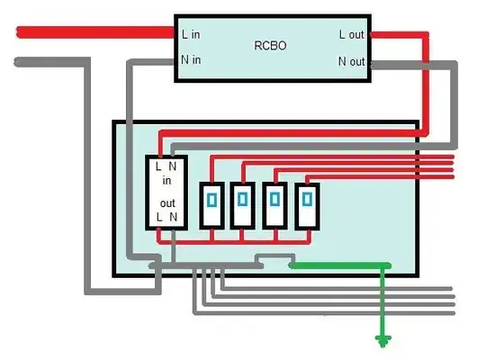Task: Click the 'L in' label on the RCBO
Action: click(x=191, y=35)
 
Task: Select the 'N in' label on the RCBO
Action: click(x=192, y=60)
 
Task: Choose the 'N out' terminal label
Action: click(x=352, y=61)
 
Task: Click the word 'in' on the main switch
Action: click(x=166, y=180)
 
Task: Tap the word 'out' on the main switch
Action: click(x=167, y=203)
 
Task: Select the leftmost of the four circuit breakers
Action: click(x=212, y=205)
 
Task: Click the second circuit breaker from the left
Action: click(x=242, y=205)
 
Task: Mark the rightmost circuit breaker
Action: click(x=308, y=205)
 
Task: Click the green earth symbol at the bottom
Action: click(x=384, y=340)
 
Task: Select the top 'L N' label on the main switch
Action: click(x=166, y=166)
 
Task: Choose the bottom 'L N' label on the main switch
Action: click(x=166, y=217)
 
